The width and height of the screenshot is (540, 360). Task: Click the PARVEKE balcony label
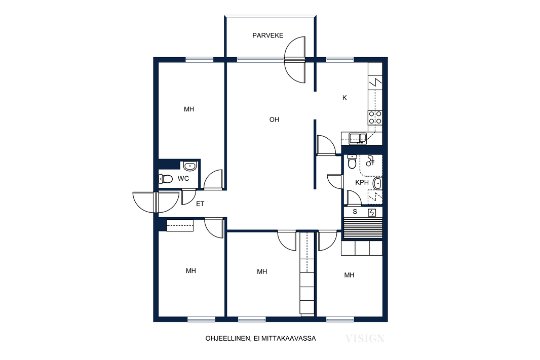click(267, 35)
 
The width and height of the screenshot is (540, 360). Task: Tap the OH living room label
click(274, 119)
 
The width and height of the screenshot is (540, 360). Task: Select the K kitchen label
click(344, 98)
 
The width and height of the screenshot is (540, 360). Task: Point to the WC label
click(183, 179)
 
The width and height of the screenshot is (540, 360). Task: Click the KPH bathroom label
click(362, 182)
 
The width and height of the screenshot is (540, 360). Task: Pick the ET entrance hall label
click(200, 204)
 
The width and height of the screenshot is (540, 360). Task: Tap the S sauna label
click(355, 212)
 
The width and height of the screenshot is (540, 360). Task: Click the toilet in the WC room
click(165, 179)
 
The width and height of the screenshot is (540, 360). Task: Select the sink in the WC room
click(189, 167)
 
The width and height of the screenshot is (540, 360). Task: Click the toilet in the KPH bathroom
click(352, 162)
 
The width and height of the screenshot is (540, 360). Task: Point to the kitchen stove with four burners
click(375, 117)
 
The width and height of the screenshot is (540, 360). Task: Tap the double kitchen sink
click(358, 139)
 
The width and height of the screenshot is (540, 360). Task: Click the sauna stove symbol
click(372, 213)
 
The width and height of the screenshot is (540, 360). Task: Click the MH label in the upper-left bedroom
click(189, 109)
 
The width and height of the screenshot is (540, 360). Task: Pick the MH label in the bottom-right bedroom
click(349, 275)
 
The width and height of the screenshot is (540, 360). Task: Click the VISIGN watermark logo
click(365, 339)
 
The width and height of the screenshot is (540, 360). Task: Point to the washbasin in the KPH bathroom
click(377, 183)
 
